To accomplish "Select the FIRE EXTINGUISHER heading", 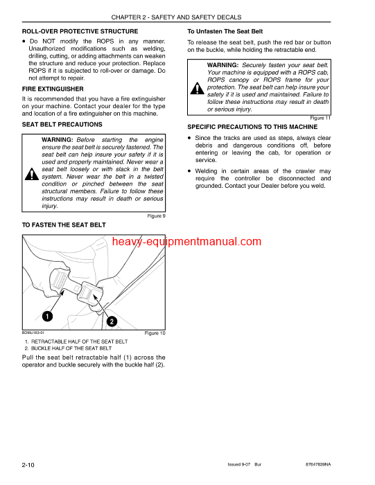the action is pyautogui.click(x=53, y=89).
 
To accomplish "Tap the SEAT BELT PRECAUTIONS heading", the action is pyautogui.click(x=62, y=125).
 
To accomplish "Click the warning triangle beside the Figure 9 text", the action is pyautogui.click(x=32, y=174).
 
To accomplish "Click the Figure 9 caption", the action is pyautogui.click(x=156, y=216).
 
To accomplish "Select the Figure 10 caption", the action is pyautogui.click(x=155, y=333).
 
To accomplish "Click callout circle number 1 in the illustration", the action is pyautogui.click(x=46, y=317).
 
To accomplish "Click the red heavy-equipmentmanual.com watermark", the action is pyautogui.click(x=186, y=242).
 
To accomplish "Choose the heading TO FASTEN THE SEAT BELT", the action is pyautogui.click(x=64, y=225).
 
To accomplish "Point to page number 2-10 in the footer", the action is pyautogui.click(x=29, y=464).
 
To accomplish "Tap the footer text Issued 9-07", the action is pyautogui.click(x=241, y=464).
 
